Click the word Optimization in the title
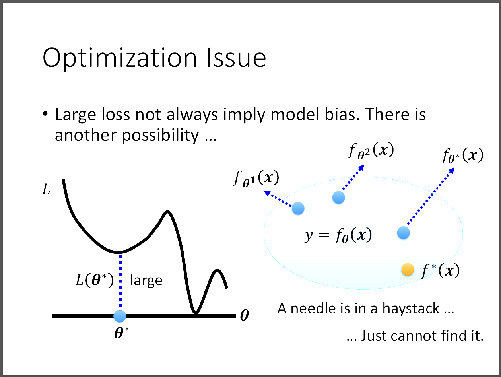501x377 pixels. point(120,58)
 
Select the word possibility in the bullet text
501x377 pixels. point(160,135)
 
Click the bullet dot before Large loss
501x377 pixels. point(45,113)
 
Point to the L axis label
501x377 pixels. point(46,190)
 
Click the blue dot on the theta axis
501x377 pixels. point(120,316)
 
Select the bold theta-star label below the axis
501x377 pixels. point(122,333)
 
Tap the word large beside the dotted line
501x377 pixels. point(146,280)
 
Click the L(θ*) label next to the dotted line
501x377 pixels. point(95,280)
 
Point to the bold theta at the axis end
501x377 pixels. point(244,315)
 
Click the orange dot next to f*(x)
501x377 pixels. point(408,270)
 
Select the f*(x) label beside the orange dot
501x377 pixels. point(440,271)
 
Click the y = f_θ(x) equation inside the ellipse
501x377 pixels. point(338,235)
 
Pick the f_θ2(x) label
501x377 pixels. point(371,151)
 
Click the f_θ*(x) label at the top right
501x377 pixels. point(463,155)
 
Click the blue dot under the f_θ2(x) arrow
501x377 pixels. point(338,197)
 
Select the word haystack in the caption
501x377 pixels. point(411,309)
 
